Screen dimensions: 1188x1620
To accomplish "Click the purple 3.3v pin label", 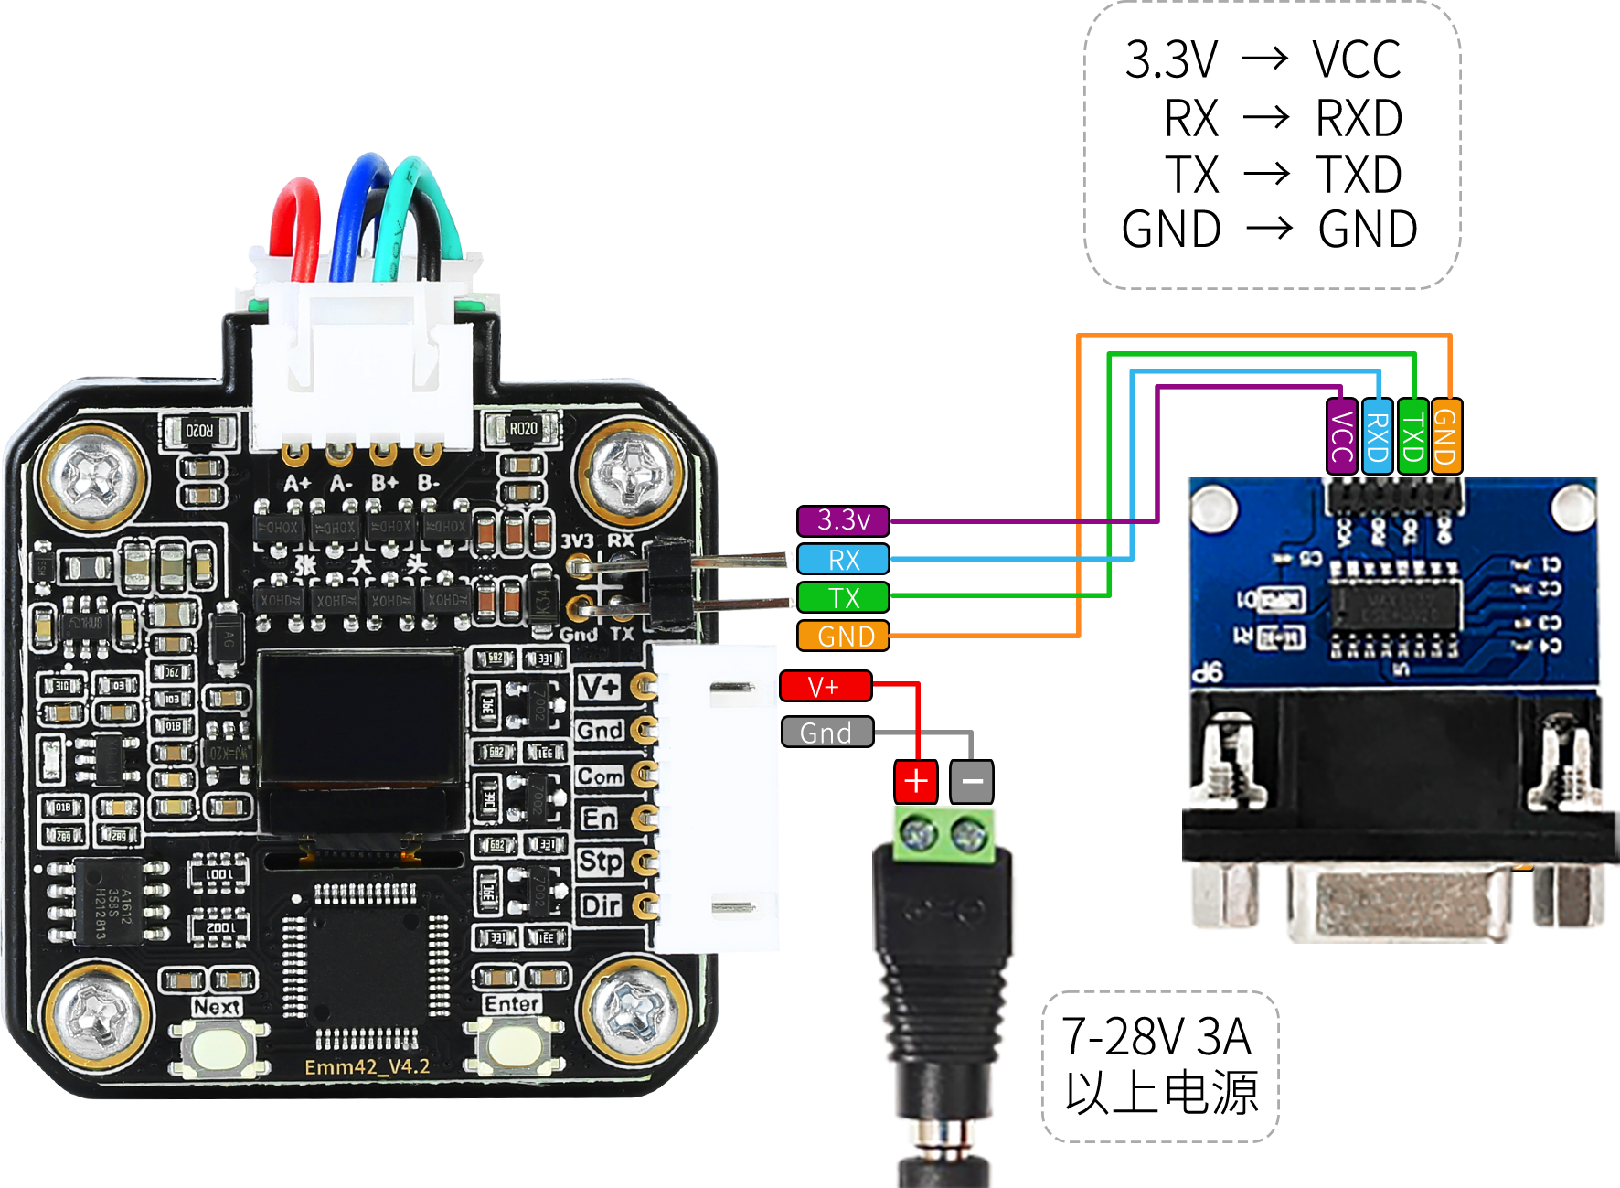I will pos(843,520).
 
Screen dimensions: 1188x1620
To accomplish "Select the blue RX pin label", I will pos(843,559).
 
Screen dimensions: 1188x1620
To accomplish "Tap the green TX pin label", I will pos(843,597).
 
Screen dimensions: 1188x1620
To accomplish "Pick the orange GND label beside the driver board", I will pos(844,636).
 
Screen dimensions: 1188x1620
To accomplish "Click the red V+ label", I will pos(825,686).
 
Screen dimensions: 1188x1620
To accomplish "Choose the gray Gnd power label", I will pos(826,733).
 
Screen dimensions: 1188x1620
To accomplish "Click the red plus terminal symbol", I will pos(915,781).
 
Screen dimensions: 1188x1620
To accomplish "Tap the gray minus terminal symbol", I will pos(972,781).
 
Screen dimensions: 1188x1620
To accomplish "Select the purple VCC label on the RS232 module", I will pos(1341,436).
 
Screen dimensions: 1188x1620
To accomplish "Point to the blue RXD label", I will pos(1377,436).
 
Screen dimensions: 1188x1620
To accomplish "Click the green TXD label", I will pos(1412,436).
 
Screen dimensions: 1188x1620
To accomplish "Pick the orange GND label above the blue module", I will pos(1446,436).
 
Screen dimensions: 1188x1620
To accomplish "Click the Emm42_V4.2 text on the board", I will pos(367,1067).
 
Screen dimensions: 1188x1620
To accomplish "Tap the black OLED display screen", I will pos(359,718).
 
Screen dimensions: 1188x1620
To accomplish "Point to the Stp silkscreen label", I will pos(600,862).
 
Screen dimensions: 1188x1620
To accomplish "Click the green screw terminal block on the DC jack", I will pos(943,836).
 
